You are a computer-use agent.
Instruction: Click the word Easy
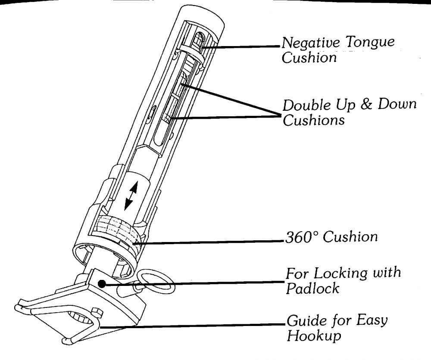pos(369,321)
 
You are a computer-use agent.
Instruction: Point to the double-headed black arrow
pos(130,196)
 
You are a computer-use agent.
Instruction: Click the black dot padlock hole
pos(102,284)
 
